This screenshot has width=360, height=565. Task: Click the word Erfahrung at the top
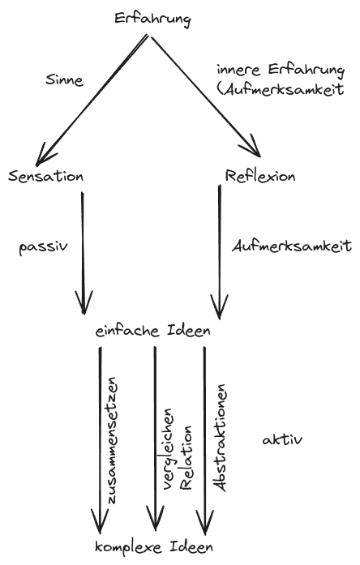click(152, 19)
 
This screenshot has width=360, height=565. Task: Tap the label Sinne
click(65, 79)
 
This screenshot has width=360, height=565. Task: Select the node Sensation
click(45, 176)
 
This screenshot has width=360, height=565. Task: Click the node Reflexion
click(259, 176)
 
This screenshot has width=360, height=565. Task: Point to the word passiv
click(43, 247)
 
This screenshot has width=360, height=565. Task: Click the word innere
click(238, 70)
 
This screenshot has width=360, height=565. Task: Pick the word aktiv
click(282, 439)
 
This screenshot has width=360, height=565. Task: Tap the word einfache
click(128, 331)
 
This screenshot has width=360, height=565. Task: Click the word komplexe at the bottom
click(128, 547)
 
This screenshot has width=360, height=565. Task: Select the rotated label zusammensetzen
click(112, 440)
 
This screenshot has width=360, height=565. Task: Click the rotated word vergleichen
click(168, 449)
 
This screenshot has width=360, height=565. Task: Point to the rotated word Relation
click(186, 458)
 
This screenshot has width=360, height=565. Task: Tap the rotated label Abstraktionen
click(220, 438)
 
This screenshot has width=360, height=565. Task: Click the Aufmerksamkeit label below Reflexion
click(292, 246)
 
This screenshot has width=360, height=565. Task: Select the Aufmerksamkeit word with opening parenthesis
click(281, 89)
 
